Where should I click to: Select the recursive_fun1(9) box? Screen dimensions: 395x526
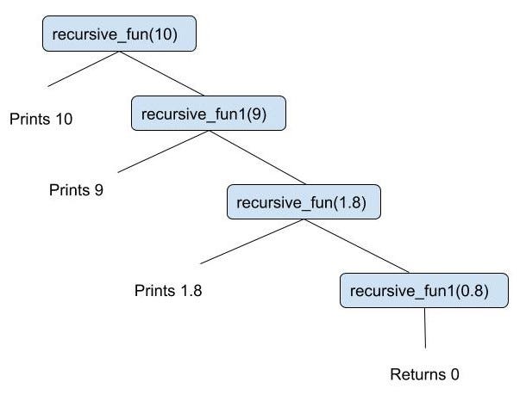[207, 113]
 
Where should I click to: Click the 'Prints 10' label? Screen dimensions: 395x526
[41, 119]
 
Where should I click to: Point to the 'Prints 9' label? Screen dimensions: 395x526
[76, 190]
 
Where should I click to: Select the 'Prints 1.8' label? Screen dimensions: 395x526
[168, 290]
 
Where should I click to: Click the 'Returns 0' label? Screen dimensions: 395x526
[425, 374]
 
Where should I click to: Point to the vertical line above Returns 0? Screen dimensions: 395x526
[426, 328]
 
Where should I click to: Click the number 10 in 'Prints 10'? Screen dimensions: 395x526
[64, 119]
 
